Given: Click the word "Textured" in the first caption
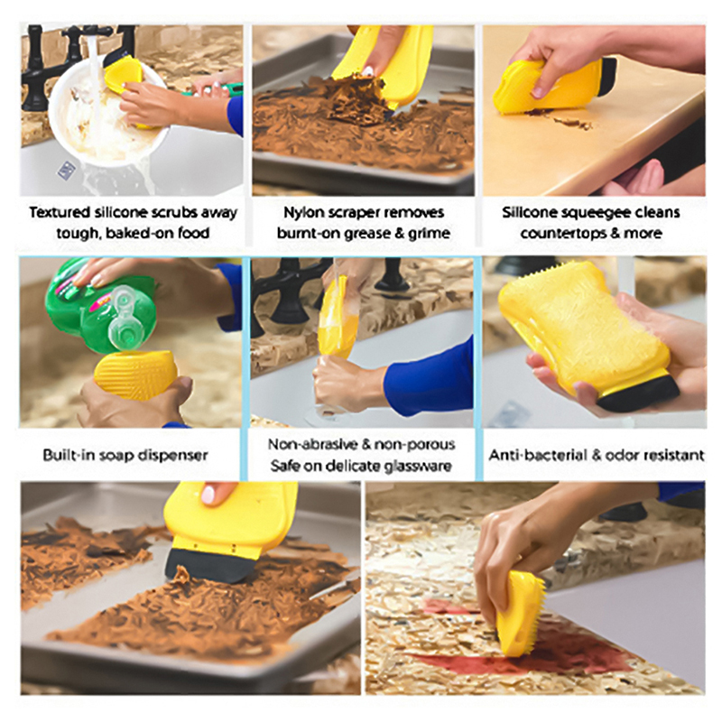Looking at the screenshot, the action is (x=60, y=212).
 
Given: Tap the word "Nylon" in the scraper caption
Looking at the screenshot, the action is (x=302, y=213).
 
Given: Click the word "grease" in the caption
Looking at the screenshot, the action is (x=364, y=234).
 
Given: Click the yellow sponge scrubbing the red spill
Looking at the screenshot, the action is (x=521, y=613).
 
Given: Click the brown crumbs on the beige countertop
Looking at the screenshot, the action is (x=560, y=119).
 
